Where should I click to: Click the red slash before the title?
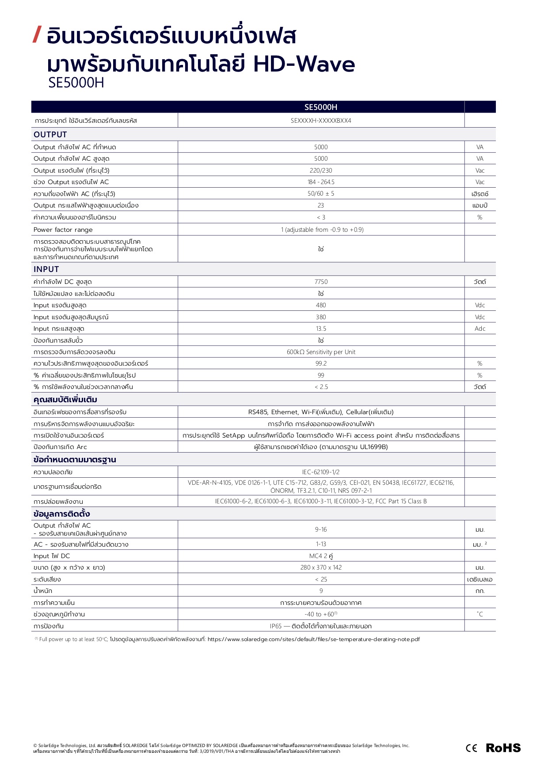pyautogui.click(x=38, y=35)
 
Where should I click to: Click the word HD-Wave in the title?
pyautogui.click(x=304, y=64)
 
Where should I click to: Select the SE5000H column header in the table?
pyautogui.click(x=321, y=107)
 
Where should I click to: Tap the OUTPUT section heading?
pyautogui.click(x=50, y=135)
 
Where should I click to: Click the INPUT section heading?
pyautogui.click(x=46, y=269)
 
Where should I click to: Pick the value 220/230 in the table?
pyautogui.click(x=321, y=170)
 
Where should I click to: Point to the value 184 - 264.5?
pyautogui.click(x=321, y=182)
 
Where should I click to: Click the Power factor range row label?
pyautogui.click(x=63, y=230)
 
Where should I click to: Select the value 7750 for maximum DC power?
pyautogui.click(x=321, y=282)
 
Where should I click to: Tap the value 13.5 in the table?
pyautogui.click(x=321, y=328)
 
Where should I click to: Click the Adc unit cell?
pyautogui.click(x=480, y=328)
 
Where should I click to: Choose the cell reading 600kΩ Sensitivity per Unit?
pyautogui.click(x=321, y=352)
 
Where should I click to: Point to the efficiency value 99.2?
pyautogui.click(x=321, y=363)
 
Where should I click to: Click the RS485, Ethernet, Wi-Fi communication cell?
pyautogui.click(x=321, y=412)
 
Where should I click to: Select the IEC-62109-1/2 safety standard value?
pyautogui.click(x=321, y=472)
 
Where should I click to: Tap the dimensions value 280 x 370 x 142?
pyautogui.click(x=321, y=567)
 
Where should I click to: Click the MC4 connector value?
pyautogui.click(x=321, y=556)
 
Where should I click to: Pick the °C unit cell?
pyautogui.click(x=480, y=614)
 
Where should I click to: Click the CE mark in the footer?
pyautogui.click(x=472, y=748)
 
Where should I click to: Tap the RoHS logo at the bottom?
pyautogui.click(x=503, y=748)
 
